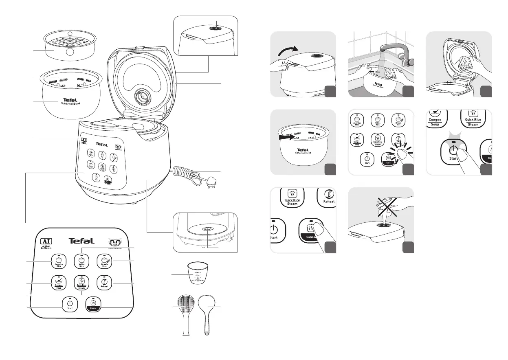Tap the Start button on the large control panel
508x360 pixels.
click(x=70, y=304)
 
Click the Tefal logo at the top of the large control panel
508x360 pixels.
click(x=81, y=241)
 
